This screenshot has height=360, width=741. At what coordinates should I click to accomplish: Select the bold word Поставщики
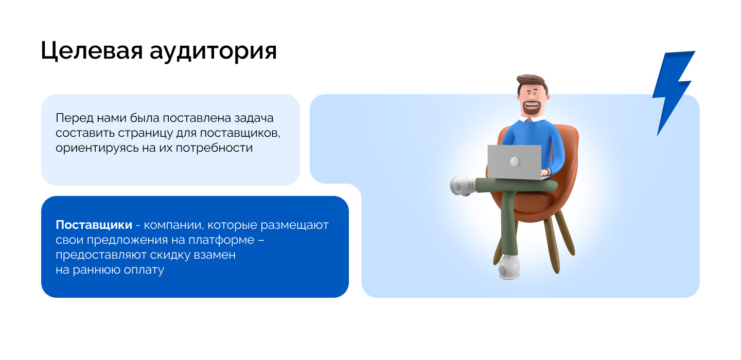(93, 225)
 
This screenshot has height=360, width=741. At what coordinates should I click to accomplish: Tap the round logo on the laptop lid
(515, 161)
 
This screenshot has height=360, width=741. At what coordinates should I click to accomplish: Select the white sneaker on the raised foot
(463, 185)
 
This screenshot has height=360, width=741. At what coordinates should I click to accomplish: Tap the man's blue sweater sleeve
(554, 149)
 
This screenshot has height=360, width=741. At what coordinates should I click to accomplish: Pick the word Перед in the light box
(70, 118)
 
